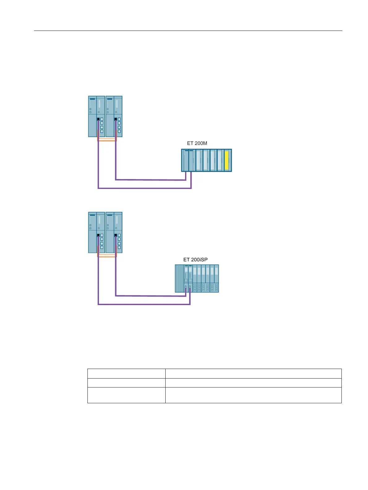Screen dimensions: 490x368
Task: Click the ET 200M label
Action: tap(197, 143)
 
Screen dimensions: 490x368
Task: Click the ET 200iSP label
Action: tap(195, 260)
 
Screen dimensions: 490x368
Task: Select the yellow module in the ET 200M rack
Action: tap(226, 160)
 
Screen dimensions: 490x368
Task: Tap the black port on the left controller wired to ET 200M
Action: tap(98, 119)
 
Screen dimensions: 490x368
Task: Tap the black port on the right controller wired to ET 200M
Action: tap(116, 119)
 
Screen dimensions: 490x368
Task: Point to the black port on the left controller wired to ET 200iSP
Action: tap(98, 235)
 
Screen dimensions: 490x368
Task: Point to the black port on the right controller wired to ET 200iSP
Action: tap(116, 235)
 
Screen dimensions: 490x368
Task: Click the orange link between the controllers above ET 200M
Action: tap(107, 140)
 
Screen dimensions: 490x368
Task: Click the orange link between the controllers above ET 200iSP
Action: tap(107, 256)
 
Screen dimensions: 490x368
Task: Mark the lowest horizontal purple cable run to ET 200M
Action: tap(145, 188)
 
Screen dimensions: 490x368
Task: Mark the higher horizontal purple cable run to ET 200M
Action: tap(150, 179)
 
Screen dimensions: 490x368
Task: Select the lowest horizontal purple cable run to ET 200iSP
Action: tap(144, 304)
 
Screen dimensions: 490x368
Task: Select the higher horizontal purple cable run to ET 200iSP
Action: tap(150, 296)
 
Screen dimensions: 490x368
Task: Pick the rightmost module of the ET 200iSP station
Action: tap(216, 279)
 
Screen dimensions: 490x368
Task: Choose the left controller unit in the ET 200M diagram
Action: tap(96, 116)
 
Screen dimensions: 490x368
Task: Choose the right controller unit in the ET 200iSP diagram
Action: tap(114, 232)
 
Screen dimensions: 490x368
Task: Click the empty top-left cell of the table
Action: tap(126, 373)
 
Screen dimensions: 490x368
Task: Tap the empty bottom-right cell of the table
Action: tap(253, 395)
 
